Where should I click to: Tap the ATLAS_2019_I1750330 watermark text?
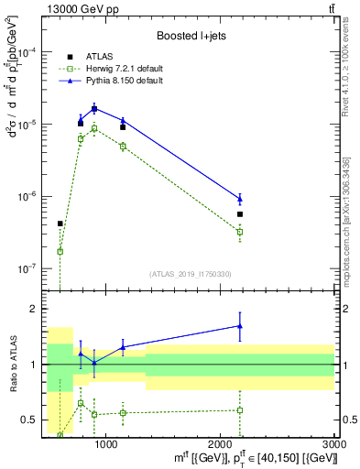[x=190, y=273]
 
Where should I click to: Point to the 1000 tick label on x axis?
[x=106, y=443]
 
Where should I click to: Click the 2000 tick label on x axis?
[x=221, y=443]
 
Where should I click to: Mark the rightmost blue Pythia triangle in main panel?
[x=240, y=199]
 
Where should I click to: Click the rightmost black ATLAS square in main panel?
[x=240, y=214]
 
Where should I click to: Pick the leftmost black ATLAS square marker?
[x=60, y=224]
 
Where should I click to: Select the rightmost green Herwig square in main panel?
[x=240, y=232]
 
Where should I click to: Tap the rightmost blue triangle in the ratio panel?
[x=240, y=325]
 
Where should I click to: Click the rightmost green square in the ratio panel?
[x=240, y=409]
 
